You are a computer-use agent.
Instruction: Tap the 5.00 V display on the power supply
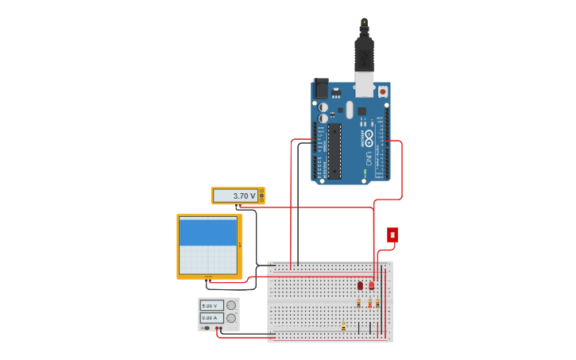tap(210, 305)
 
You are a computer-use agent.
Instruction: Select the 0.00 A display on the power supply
tap(210, 317)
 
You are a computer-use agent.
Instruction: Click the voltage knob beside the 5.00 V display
tap(231, 305)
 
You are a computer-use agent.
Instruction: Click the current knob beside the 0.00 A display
tap(231, 317)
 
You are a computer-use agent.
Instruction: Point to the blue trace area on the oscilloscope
tap(208, 231)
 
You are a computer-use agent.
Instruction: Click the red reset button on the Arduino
tap(382, 91)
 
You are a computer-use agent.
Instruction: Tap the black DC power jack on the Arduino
tap(321, 87)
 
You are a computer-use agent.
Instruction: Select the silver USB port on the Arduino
tap(364, 83)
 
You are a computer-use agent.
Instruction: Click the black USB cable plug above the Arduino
tap(364, 52)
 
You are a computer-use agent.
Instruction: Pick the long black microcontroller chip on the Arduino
tap(334, 151)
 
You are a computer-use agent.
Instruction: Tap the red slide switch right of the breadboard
tap(392, 234)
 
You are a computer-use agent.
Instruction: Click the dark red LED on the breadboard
tap(360, 285)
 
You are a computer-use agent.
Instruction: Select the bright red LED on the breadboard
tap(371, 285)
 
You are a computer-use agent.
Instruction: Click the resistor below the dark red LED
tap(359, 303)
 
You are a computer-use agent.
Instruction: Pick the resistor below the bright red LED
tap(369, 303)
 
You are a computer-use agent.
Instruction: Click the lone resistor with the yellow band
tap(343, 326)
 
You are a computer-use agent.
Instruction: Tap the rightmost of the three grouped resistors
tap(377, 303)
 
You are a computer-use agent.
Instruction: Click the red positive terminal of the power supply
tap(220, 327)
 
